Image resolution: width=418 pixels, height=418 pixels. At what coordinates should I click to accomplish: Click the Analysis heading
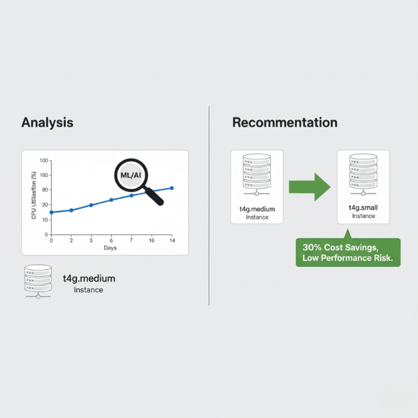[48, 123]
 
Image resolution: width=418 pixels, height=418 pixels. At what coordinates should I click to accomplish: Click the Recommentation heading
[285, 123]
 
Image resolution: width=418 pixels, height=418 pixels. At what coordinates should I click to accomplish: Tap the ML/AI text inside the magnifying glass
[131, 175]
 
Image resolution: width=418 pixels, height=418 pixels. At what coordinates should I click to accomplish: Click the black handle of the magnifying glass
[154, 197]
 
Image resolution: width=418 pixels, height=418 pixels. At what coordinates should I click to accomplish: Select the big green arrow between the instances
[310, 187]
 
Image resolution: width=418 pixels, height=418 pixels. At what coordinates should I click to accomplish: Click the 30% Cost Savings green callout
[348, 252]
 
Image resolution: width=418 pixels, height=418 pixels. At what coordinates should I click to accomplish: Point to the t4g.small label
[363, 208]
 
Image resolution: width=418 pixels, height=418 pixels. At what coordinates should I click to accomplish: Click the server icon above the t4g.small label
[363, 174]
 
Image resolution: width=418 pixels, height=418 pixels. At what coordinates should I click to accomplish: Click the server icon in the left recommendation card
[257, 174]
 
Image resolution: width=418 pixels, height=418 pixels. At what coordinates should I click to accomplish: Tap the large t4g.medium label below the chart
[89, 279]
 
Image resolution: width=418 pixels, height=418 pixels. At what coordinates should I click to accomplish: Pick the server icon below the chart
[38, 281]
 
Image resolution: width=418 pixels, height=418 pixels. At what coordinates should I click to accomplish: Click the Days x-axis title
[110, 248]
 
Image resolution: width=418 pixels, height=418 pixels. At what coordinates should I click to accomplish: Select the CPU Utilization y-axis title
[33, 195]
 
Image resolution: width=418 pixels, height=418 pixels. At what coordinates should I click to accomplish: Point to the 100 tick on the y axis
[44, 161]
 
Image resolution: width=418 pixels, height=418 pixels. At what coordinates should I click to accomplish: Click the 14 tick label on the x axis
[172, 240]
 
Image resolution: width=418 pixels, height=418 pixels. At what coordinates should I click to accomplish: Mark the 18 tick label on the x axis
[152, 240]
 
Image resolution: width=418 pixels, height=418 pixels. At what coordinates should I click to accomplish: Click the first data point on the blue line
[52, 212]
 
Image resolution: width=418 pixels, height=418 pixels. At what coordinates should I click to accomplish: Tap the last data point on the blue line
[172, 188]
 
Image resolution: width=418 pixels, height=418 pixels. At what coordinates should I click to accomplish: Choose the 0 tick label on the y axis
[46, 234]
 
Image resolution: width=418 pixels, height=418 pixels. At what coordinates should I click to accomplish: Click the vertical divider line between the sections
[209, 206]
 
